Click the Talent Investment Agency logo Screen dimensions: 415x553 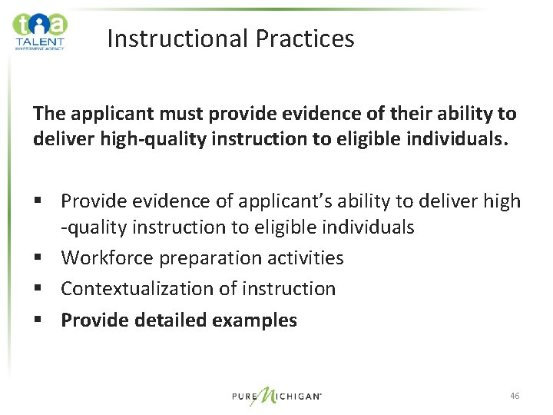(40, 31)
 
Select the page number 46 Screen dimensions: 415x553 (515, 396)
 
